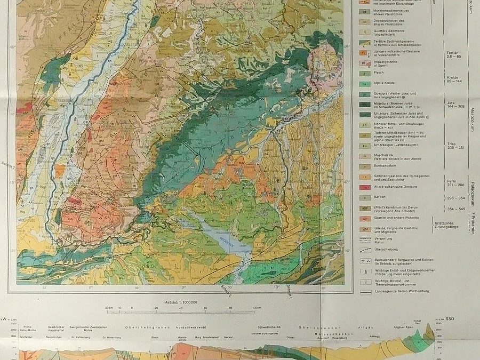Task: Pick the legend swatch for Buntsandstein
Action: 364,166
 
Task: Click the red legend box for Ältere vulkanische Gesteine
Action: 364,187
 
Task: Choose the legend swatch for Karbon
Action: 364,197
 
